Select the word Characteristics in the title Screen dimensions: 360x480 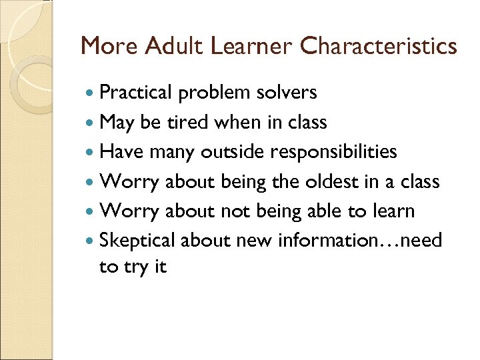tap(379, 46)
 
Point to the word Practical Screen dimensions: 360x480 tap(136, 92)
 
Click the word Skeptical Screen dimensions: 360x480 tap(137, 240)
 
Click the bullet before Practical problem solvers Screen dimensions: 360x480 tap(91, 93)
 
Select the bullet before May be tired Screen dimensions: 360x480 tap(91, 123)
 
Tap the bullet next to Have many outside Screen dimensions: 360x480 tap(91, 153)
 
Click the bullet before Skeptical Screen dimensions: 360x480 tap(91, 241)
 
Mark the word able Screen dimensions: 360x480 tap(324, 211)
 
